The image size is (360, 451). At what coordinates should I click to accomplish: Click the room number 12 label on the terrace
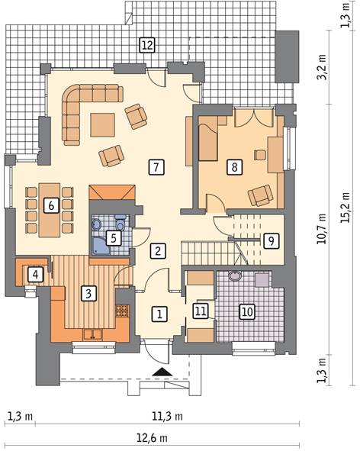coord(147,45)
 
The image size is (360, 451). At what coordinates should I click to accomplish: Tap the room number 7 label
coord(156,167)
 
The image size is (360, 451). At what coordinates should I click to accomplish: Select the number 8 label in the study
coord(234,167)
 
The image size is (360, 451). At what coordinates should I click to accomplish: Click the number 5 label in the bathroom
coord(114,238)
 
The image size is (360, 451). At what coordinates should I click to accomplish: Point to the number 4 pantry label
coord(35,275)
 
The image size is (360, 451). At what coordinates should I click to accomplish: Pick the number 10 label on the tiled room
coord(247,311)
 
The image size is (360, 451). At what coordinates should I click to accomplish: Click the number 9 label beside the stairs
coord(271,240)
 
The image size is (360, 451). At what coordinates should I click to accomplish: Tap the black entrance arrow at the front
coord(162,372)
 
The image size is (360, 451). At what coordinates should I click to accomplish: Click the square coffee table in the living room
coord(103,125)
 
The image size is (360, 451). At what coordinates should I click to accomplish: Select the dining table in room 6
coord(50,210)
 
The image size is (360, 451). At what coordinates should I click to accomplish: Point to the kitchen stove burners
coord(121,311)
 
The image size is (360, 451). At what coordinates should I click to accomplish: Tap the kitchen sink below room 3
coord(92,335)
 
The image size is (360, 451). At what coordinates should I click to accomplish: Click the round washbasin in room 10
coord(236,276)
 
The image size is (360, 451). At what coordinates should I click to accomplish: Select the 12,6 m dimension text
coord(152,438)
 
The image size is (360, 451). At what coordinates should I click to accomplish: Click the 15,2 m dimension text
coord(346,207)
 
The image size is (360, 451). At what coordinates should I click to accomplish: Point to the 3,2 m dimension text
coord(322,67)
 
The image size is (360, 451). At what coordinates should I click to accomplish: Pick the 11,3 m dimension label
coord(167,416)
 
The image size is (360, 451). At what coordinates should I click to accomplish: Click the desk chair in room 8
coord(260,155)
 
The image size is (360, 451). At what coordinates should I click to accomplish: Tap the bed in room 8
coord(208,138)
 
